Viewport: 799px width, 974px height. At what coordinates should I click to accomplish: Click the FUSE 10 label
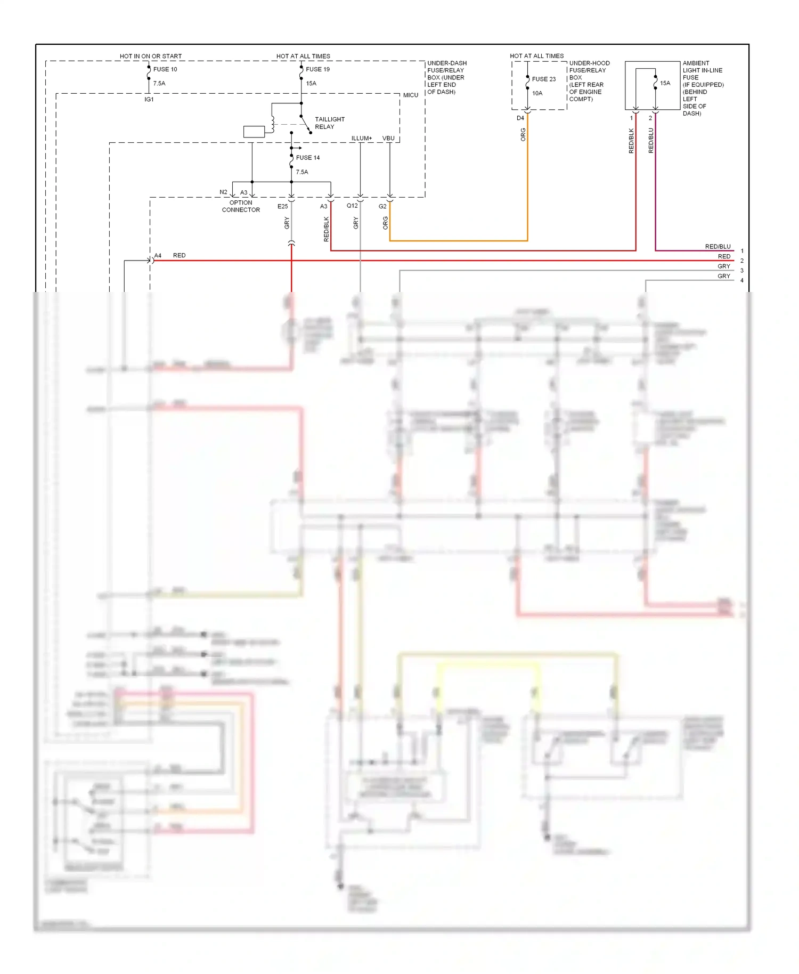click(x=165, y=69)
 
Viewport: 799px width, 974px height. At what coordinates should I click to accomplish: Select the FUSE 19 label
click(x=317, y=69)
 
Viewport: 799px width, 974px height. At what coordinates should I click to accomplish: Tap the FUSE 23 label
click(x=543, y=79)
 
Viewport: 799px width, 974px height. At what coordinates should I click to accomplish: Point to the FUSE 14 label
click(x=308, y=158)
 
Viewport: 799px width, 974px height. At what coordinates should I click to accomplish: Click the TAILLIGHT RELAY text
click(x=329, y=123)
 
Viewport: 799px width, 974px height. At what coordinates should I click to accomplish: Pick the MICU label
click(x=410, y=95)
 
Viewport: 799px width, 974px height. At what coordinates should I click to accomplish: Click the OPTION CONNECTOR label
click(x=241, y=206)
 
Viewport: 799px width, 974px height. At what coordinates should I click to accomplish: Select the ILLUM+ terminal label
click(x=362, y=139)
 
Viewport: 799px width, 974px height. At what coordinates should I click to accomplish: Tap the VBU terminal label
click(x=388, y=139)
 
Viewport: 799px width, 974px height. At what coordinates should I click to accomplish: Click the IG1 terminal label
click(x=149, y=100)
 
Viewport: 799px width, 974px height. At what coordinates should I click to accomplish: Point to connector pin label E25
click(x=282, y=206)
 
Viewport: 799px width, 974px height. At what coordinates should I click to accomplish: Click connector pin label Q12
click(x=352, y=206)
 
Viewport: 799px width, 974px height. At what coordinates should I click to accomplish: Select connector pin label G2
click(x=382, y=206)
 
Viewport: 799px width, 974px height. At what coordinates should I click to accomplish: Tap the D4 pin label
click(x=520, y=118)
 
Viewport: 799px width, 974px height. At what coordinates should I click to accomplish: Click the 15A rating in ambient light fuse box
click(x=665, y=83)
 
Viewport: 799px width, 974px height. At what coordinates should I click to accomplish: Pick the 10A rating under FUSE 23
click(x=537, y=93)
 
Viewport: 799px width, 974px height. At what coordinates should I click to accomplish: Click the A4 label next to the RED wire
click(x=158, y=256)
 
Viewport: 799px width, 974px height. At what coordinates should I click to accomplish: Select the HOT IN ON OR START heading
click(x=151, y=56)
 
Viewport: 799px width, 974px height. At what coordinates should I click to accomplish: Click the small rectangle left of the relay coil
click(x=254, y=132)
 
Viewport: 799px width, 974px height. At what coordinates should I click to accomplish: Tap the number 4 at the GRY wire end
click(x=741, y=280)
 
